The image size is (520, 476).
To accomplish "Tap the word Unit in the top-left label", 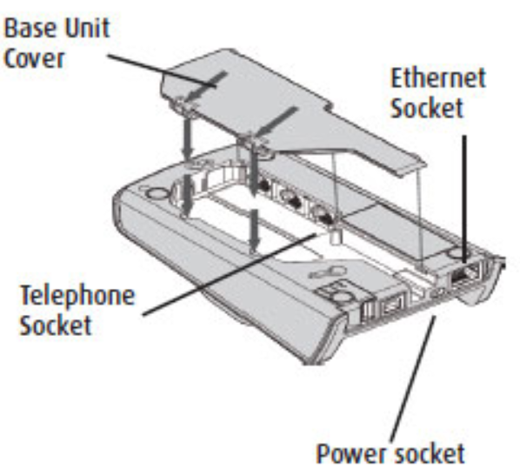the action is pos(87,28).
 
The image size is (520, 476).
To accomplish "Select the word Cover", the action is pos(34,59).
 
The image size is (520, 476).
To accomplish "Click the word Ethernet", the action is pos(438,77).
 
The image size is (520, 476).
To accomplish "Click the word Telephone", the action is pos(77,295).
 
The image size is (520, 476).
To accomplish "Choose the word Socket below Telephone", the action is pos(56,325).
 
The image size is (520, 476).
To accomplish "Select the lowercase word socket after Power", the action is pos(426,453).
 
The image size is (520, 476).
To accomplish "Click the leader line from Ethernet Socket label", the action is pos(465,200).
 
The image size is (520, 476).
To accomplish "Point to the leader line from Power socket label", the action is pos(413,379).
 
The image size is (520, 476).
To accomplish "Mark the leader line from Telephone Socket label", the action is pos(230,274).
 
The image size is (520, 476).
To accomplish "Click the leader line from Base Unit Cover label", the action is pos(162,70).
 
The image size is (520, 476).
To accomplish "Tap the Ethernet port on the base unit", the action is pos(464,273).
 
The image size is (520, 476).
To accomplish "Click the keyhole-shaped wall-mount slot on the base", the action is pos(322,273).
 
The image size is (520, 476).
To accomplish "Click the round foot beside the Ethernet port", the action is pos(456,253).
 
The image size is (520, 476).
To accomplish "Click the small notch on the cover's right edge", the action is pos(329,106).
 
